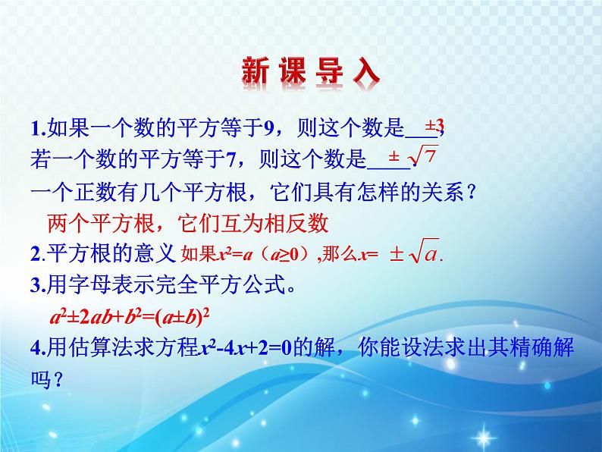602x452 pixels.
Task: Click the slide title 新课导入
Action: tap(311, 71)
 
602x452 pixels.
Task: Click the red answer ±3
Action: tap(434, 127)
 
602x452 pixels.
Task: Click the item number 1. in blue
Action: tap(39, 129)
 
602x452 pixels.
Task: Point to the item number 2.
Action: tap(38, 254)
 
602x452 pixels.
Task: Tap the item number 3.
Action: tap(38, 285)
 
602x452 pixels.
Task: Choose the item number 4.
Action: tap(38, 347)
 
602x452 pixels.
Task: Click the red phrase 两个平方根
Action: tap(101, 223)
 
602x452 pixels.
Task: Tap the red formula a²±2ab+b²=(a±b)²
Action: tap(130, 318)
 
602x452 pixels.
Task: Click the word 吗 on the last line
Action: tap(41, 379)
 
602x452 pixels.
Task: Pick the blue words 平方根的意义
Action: tap(111, 254)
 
